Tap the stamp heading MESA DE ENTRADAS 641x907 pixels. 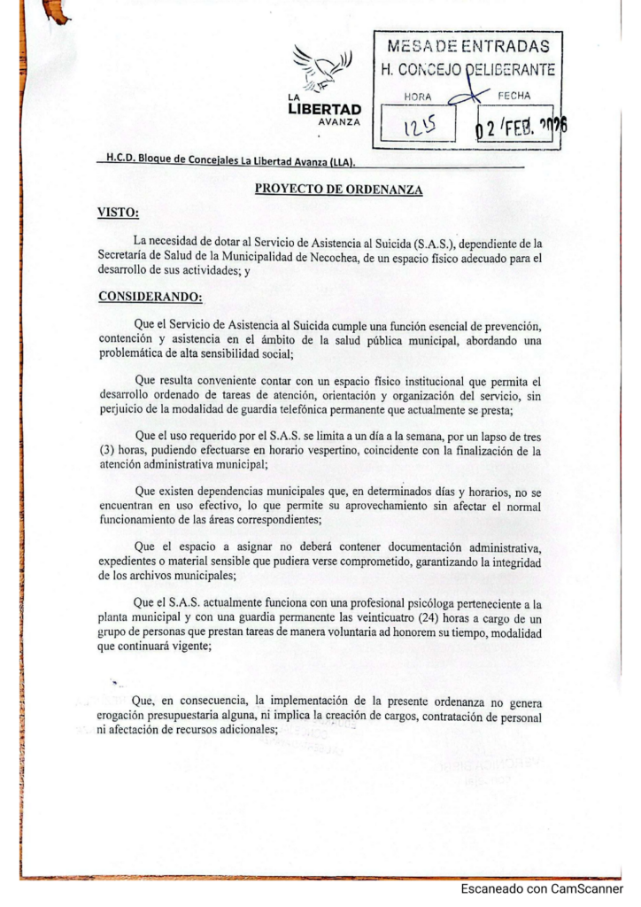466,46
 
